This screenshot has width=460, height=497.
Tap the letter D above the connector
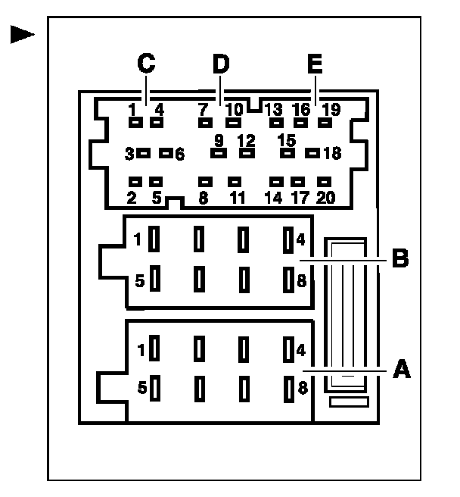tap(220, 64)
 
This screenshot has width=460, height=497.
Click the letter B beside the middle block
tap(400, 258)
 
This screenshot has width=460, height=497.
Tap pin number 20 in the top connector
tap(325, 198)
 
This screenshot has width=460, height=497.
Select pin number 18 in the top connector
tap(331, 154)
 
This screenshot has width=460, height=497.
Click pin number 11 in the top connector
tap(238, 198)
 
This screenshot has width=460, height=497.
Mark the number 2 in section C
tap(132, 198)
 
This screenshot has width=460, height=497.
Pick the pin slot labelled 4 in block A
tap(287, 350)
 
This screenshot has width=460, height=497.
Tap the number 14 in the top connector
tap(274, 198)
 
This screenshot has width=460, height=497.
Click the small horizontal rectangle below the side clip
tap(347, 402)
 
